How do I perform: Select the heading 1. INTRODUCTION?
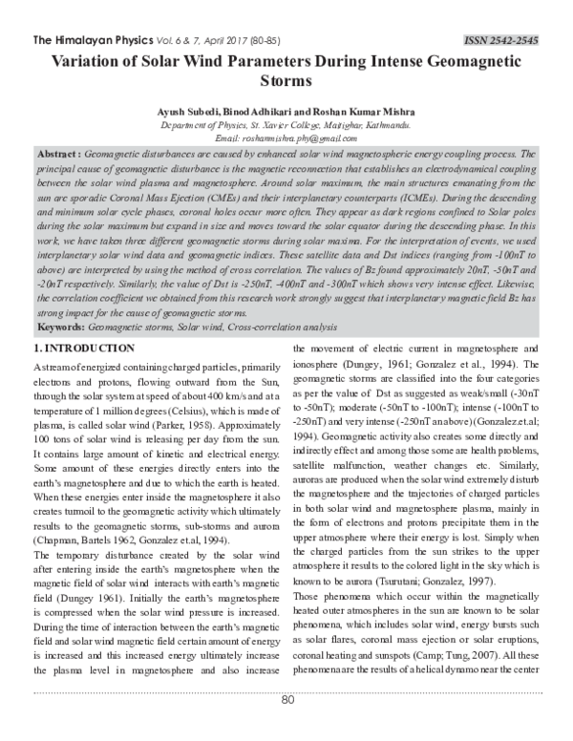[90, 349]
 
